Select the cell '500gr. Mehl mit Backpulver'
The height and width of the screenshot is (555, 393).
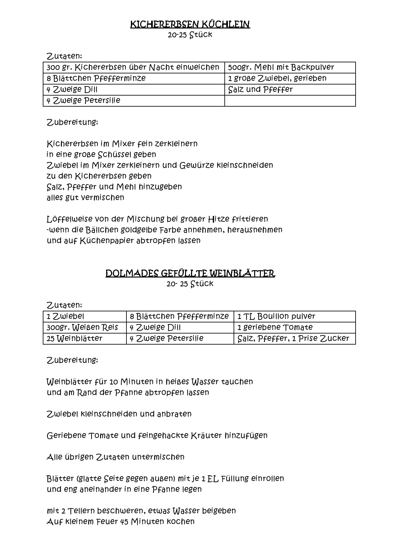tap(281, 67)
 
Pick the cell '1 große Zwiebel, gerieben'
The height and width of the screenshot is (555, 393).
tap(277, 78)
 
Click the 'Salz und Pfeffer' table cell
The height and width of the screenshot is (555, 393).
tap(260, 90)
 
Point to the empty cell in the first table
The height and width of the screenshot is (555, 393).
tap(290, 101)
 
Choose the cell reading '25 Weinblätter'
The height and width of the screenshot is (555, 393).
tap(74, 339)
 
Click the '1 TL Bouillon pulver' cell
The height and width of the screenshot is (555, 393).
tap(276, 316)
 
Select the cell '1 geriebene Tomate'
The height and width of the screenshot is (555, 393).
tap(275, 327)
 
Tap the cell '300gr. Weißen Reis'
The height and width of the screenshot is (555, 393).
tap(82, 327)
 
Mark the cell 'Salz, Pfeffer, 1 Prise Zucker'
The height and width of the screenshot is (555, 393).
tap(293, 339)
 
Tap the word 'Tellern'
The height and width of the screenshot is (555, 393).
tap(81, 511)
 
